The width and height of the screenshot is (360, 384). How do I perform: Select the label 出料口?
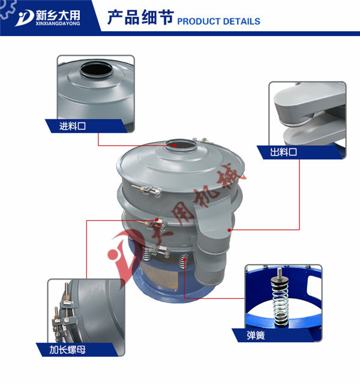pyautogui.click(x=284, y=152)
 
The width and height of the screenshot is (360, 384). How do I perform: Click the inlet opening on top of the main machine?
pyautogui.click(x=179, y=143)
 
